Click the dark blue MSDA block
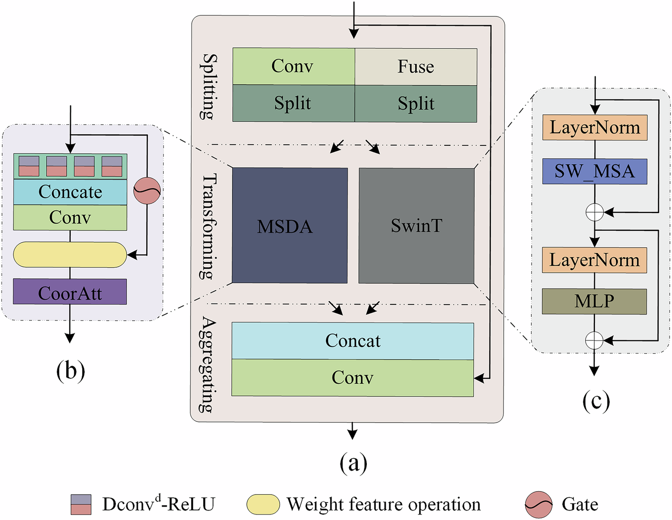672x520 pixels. (x=290, y=225)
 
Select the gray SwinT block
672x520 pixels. (x=416, y=225)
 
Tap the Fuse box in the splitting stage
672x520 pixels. (x=416, y=67)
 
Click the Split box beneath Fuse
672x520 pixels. (x=416, y=104)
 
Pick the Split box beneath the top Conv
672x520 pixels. (x=293, y=104)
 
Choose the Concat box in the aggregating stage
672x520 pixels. (x=352, y=341)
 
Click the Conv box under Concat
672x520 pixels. (x=352, y=378)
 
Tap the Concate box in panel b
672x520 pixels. (x=70, y=192)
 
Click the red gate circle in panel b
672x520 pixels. (x=147, y=191)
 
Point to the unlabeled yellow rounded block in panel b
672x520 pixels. (x=70, y=255)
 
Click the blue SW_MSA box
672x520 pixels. (x=594, y=172)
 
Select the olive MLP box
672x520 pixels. (x=594, y=301)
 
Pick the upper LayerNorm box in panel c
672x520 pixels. (x=595, y=128)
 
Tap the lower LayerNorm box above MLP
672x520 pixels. (x=594, y=260)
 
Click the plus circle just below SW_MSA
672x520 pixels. (x=594, y=212)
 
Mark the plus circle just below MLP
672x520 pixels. (x=594, y=340)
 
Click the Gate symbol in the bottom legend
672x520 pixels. (x=539, y=505)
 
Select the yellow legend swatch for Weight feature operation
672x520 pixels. (x=263, y=505)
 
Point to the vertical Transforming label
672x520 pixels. (x=208, y=226)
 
